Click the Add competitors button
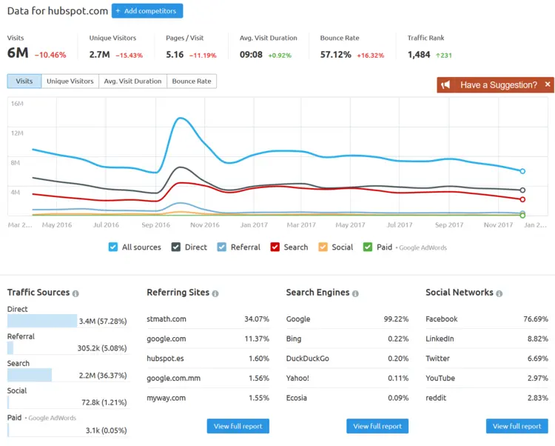pyautogui.click(x=147, y=11)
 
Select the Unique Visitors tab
pyautogui.click(x=70, y=81)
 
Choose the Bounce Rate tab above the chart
pyautogui.click(x=192, y=81)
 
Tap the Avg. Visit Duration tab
pyautogui.click(x=132, y=81)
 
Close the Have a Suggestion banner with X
pyautogui.click(x=548, y=84)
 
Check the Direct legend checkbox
pyautogui.click(x=177, y=247)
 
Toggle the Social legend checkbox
pyautogui.click(x=323, y=247)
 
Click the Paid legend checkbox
pyautogui.click(x=368, y=247)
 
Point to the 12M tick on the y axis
pyautogui.click(x=17, y=133)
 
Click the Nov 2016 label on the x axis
pyautogui.click(x=205, y=224)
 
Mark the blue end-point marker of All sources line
pyautogui.click(x=522, y=171)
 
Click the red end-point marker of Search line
pyautogui.click(x=522, y=199)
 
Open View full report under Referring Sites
pyautogui.click(x=238, y=426)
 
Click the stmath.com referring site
pyautogui.click(x=166, y=319)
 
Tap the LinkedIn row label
pyautogui.click(x=440, y=339)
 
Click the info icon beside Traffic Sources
pyautogui.click(x=76, y=293)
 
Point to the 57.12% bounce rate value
pyautogui.click(x=336, y=54)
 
